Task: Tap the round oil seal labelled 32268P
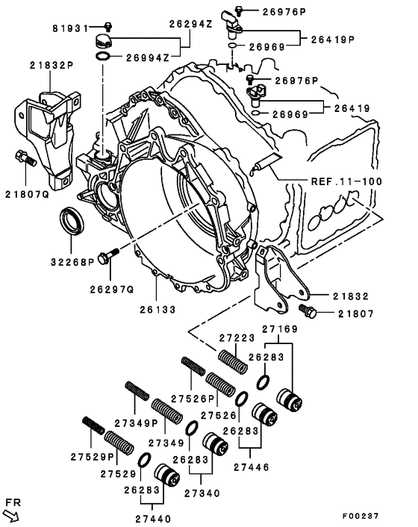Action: (x=73, y=222)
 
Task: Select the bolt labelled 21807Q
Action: (x=23, y=158)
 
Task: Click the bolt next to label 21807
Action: (x=306, y=310)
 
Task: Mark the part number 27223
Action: (x=237, y=337)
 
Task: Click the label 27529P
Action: (x=92, y=456)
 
